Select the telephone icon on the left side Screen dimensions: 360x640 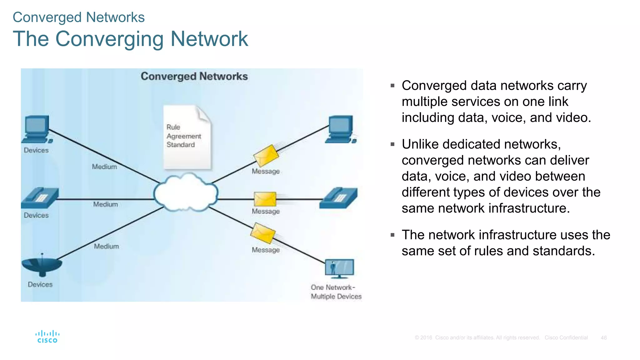[x=40, y=198]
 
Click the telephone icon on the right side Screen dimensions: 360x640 [x=339, y=198]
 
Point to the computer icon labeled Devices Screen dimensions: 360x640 [x=37, y=129]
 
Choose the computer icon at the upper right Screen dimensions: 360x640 [x=341, y=129]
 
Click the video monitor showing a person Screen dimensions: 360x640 [x=339, y=268]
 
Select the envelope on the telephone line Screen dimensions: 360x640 [x=265, y=199]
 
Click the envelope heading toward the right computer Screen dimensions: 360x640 [x=266, y=155]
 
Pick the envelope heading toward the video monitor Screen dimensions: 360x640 [x=263, y=233]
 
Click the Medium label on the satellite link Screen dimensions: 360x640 [x=107, y=247]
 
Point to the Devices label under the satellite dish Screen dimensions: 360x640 [x=40, y=285]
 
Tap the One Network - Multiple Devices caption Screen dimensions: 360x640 [x=336, y=292]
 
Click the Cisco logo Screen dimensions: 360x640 [x=47, y=337]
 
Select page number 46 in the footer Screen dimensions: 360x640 [x=603, y=338]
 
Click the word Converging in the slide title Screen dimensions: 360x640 [x=109, y=39]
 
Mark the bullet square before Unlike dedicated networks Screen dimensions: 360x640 [x=392, y=144]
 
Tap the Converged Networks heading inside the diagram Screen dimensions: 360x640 [x=194, y=77]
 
